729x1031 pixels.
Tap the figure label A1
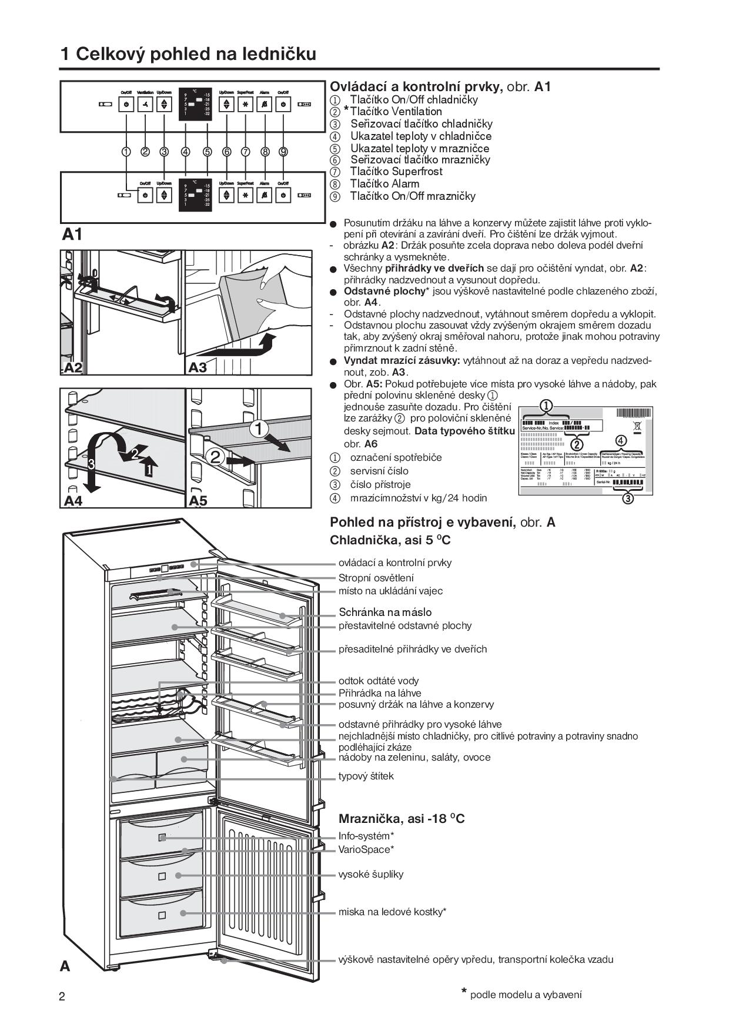(72, 235)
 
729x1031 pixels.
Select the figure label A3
(198, 367)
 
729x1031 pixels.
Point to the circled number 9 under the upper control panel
(283, 152)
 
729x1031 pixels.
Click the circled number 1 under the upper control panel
(126, 152)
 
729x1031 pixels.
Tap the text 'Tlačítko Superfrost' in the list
(396, 172)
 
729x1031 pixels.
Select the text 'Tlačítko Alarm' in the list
(384, 184)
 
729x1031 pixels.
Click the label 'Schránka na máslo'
(385, 612)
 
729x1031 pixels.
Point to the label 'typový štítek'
(366, 776)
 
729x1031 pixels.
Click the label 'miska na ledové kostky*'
(392, 912)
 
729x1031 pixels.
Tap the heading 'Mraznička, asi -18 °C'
(402, 819)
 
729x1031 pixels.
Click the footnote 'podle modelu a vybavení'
(526, 995)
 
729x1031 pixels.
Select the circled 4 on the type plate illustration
(620, 440)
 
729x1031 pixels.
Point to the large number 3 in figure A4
(91, 464)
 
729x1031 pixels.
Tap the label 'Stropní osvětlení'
(376, 578)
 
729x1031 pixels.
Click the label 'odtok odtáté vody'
(379, 681)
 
